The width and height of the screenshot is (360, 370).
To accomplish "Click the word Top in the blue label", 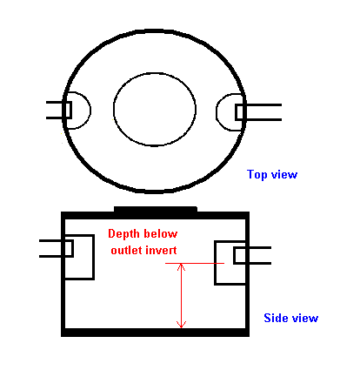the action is pos(257,175).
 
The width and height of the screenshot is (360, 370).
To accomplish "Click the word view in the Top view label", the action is pos(284,174).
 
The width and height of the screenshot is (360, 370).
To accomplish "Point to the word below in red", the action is pos(161,233).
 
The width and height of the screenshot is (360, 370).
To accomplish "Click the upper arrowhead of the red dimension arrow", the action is pos(181,266).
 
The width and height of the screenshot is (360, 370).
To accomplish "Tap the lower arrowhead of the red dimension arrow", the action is pos(181,325).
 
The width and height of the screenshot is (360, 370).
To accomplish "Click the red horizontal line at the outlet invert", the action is pos(195,263).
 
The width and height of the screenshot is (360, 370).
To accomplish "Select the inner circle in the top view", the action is pos(114,109).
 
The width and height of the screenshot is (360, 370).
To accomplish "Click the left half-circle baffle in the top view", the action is pos(90,111).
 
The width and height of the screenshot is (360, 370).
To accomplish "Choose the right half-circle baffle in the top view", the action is pos(217,112).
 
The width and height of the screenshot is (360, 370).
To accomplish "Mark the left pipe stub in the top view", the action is pos(59,110).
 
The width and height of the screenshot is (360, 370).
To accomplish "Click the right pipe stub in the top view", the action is pos(258,112).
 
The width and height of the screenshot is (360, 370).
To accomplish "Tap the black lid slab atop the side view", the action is pos(156,210).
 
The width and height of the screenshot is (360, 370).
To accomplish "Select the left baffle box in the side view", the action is pos(94,257).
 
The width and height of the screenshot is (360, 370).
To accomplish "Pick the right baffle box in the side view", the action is pos(215,263).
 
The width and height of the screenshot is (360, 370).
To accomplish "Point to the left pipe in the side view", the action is pos(57,248).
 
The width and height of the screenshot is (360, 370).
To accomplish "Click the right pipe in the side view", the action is pos(252,255).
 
